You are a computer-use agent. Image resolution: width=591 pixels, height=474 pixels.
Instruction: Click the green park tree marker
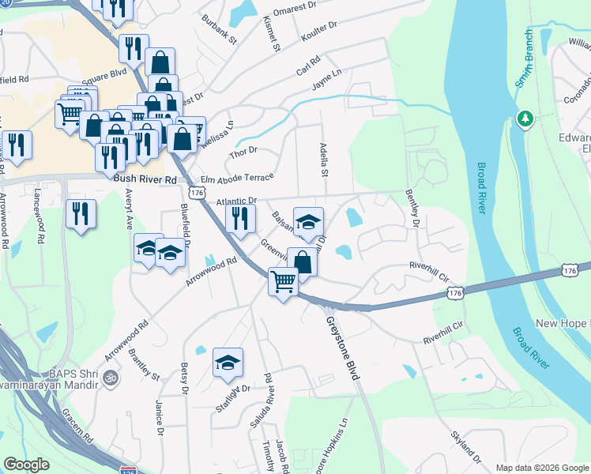[524, 119]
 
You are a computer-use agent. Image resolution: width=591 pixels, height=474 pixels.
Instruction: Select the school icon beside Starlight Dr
[228, 363]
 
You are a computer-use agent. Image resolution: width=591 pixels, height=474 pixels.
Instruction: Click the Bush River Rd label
[145, 180]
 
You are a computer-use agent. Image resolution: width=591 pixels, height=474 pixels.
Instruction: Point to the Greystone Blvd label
[343, 348]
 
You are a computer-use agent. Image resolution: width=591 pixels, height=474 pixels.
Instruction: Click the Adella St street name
[323, 160]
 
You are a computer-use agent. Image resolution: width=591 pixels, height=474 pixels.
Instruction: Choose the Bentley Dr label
[411, 208]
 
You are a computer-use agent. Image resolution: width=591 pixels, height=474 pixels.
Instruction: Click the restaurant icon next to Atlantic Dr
[240, 217]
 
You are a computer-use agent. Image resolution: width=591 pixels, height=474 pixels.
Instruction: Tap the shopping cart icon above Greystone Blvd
[283, 282]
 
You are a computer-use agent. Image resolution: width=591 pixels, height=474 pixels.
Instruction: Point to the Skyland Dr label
[465, 446]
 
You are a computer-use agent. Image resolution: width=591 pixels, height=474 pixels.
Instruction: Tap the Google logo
[27, 465]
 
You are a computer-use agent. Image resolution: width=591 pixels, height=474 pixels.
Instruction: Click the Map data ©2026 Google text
[541, 468]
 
